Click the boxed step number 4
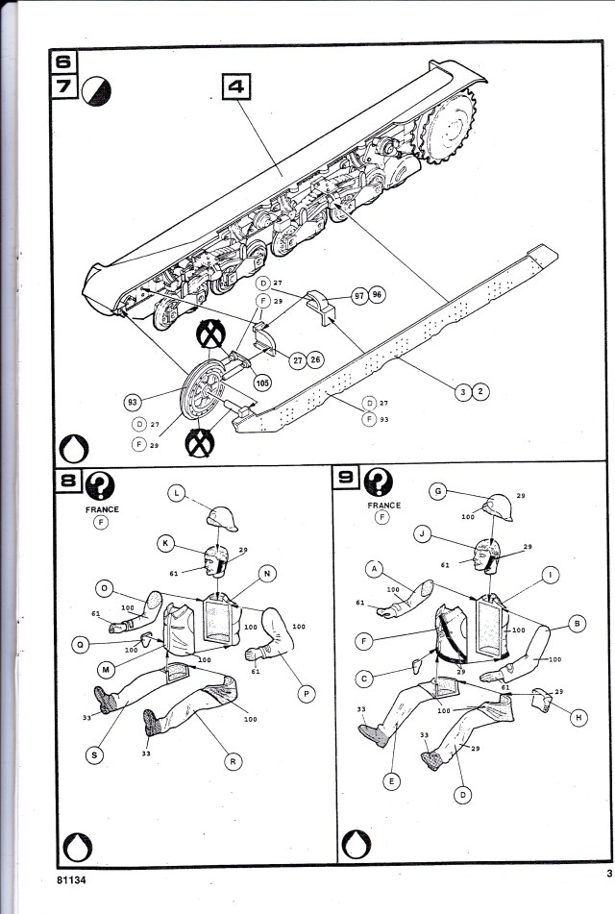pyautogui.click(x=236, y=87)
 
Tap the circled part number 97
pyautogui.click(x=358, y=296)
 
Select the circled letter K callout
pyautogui.click(x=166, y=545)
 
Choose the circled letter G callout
pyautogui.click(x=438, y=491)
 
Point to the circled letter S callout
pyautogui.click(x=94, y=755)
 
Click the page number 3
pyautogui.click(x=608, y=873)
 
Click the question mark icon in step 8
pyautogui.click(x=99, y=482)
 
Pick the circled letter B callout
pyautogui.click(x=578, y=624)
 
